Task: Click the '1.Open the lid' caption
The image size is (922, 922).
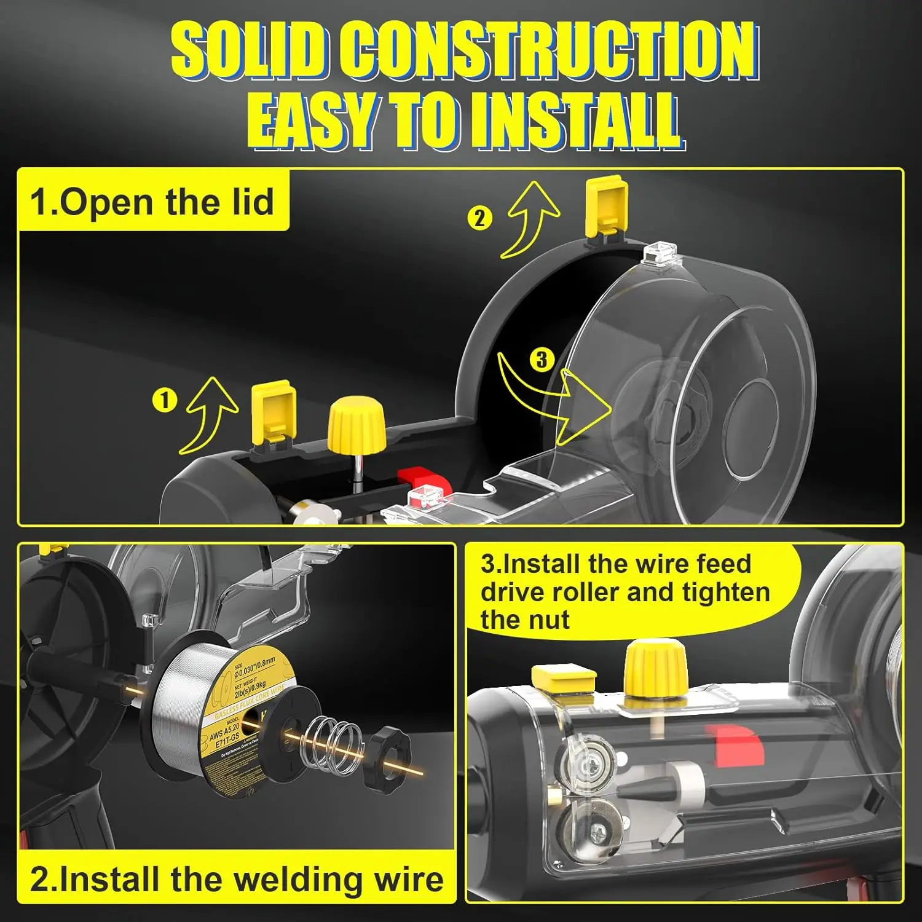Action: pos(152,202)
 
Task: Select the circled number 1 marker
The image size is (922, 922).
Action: pos(164,400)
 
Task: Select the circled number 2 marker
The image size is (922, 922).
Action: pos(479,218)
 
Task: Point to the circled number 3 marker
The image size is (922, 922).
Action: pos(541,359)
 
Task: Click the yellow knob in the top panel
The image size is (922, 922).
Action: pos(357,424)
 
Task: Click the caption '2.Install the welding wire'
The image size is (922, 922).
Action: pos(237,879)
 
